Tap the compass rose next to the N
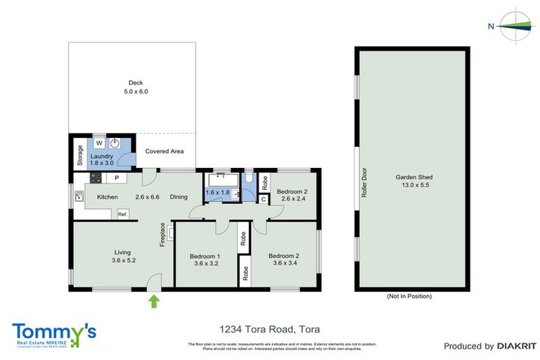(516, 27)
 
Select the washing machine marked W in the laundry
(99, 143)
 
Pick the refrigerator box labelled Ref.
(122, 214)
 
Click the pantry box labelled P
(117, 177)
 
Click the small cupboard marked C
(263, 199)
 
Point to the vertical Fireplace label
(162, 235)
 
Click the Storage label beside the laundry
(79, 155)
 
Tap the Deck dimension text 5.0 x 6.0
(136, 92)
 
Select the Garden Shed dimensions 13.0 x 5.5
(413, 186)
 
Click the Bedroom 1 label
(205, 256)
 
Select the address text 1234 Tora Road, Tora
(269, 328)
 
